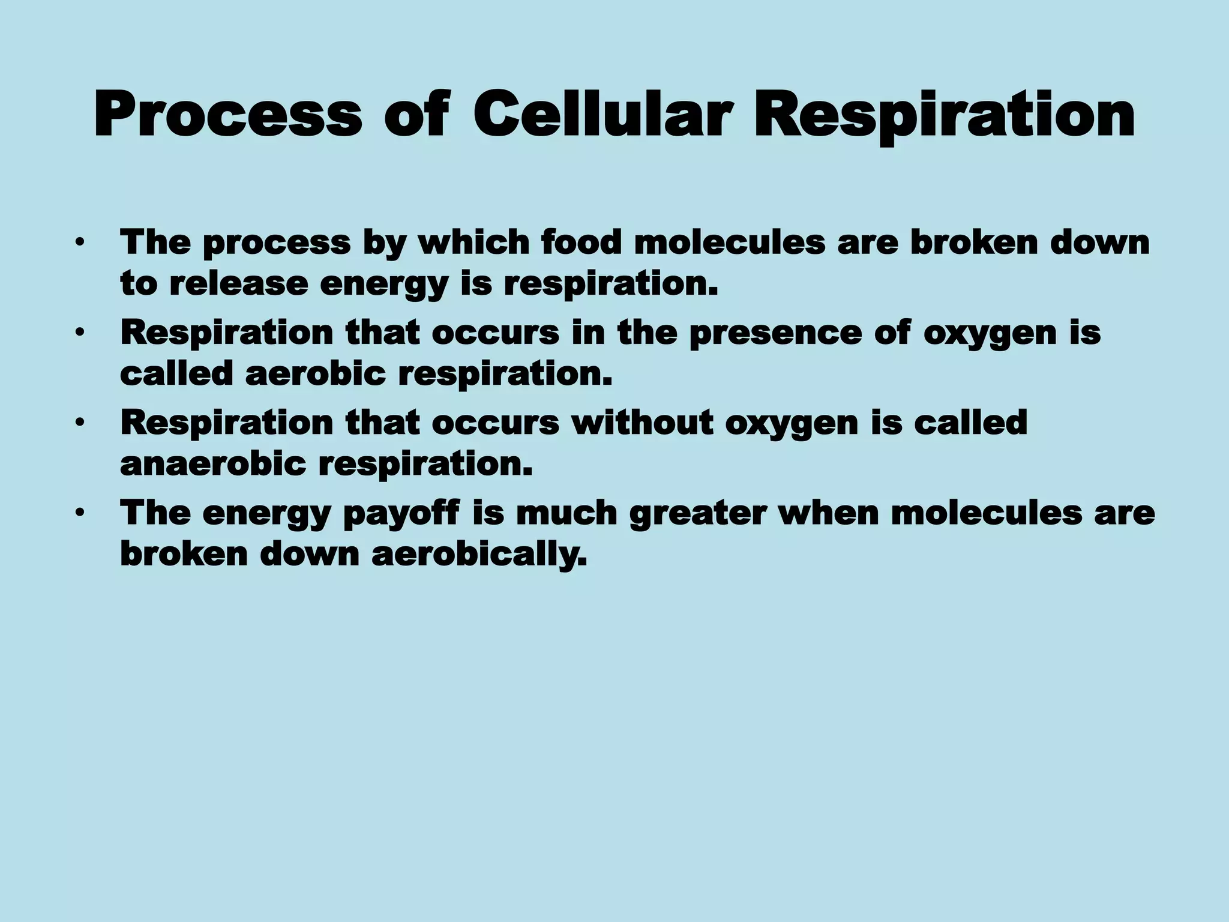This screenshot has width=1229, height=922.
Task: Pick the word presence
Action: click(x=775, y=334)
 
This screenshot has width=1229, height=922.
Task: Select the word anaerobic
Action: click(x=213, y=464)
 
